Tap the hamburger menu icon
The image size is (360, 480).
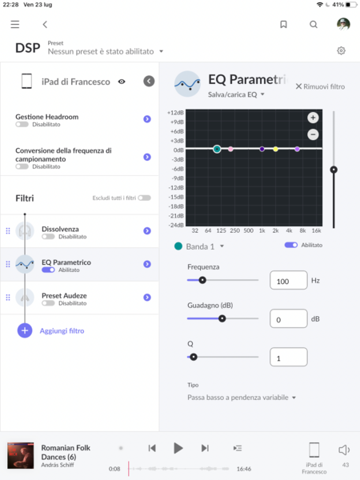15,24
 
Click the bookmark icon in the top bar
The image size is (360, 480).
283,24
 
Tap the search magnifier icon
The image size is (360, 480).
313,24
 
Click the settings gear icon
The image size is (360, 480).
341,50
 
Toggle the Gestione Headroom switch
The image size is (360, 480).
22,124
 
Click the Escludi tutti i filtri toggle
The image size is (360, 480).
144,198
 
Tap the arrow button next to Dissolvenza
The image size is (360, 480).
147,231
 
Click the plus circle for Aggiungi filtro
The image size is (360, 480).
25,330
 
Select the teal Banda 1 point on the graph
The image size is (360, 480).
217,149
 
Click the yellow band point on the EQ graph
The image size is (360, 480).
275,149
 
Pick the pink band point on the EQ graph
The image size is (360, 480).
230,149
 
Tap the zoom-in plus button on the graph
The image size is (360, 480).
313,118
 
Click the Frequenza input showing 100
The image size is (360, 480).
288,280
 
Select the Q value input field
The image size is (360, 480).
288,357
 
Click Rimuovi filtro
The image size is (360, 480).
320,86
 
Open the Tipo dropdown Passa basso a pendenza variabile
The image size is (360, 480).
242,398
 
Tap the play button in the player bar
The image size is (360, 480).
178,448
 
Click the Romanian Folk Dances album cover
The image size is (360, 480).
21,455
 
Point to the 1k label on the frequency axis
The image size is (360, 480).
262,230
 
